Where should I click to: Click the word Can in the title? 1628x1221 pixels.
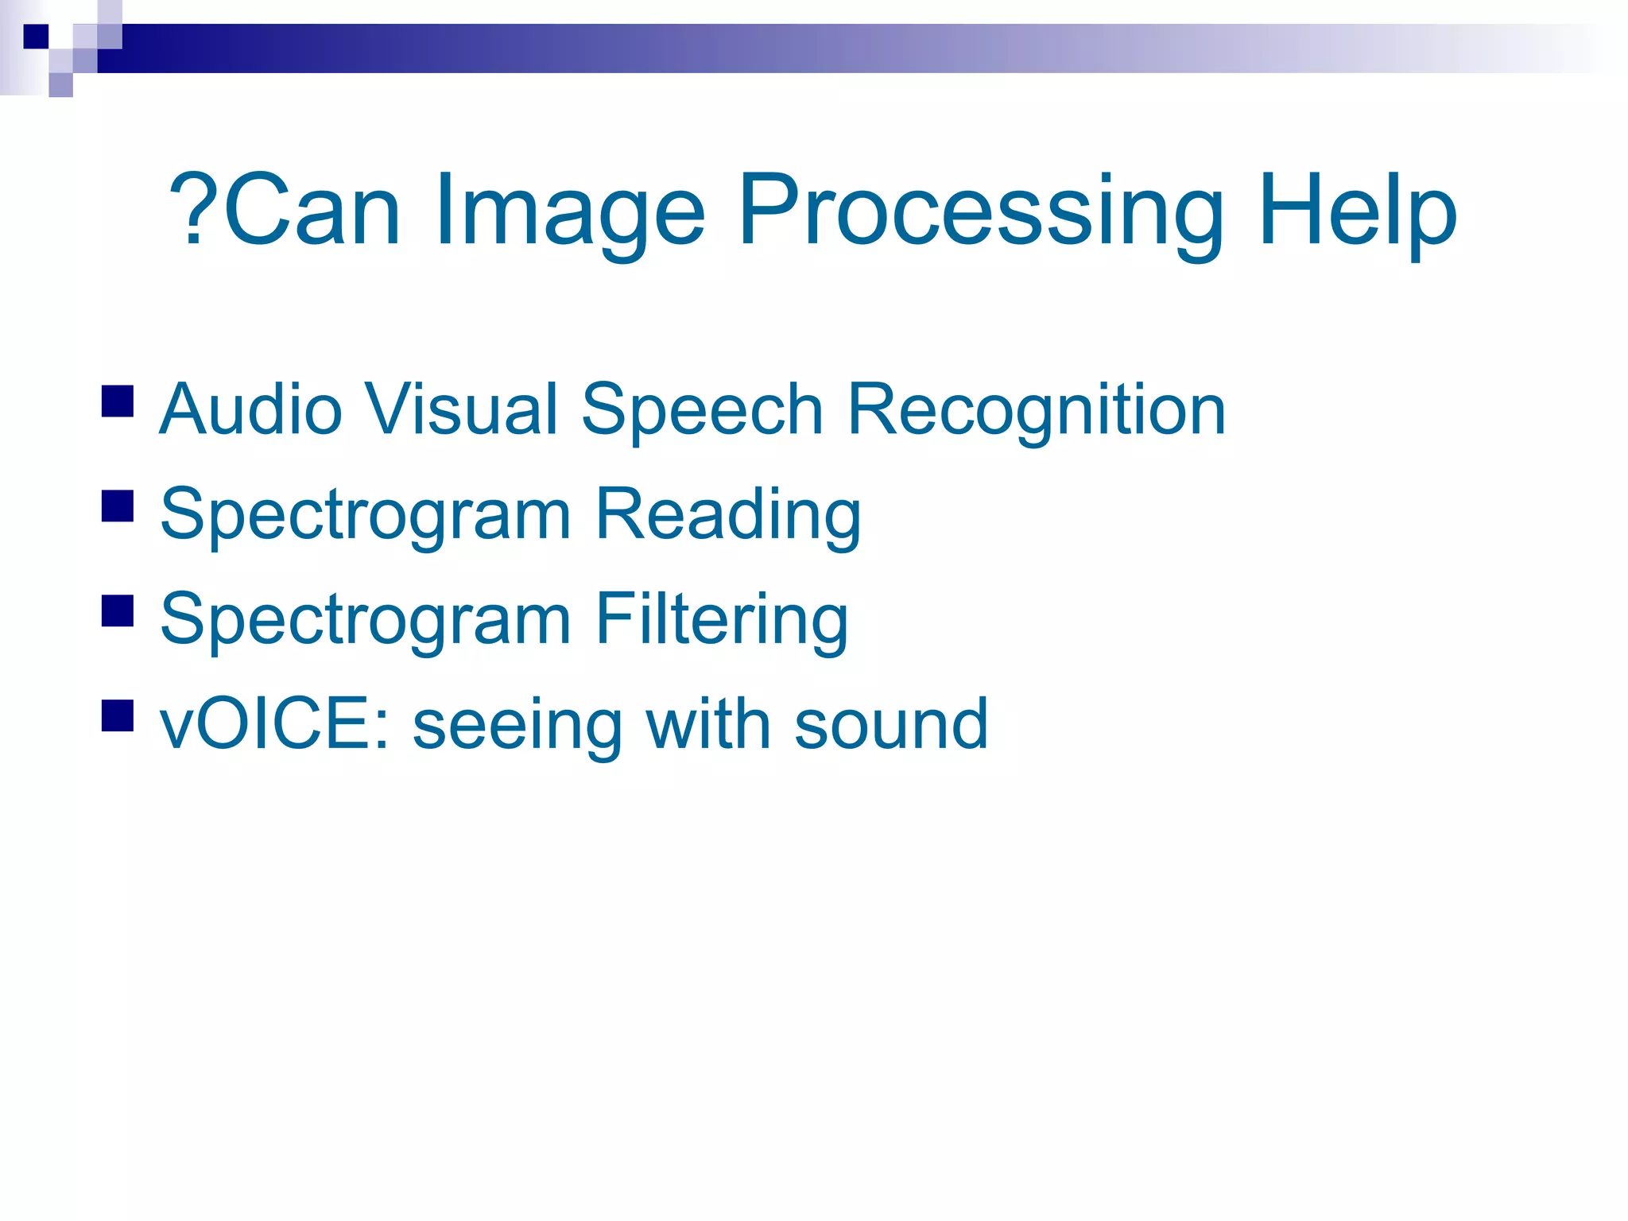pyautogui.click(x=312, y=209)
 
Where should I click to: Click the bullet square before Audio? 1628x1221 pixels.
pyautogui.click(x=118, y=401)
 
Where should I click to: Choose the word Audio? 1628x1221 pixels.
pyautogui.click(x=250, y=409)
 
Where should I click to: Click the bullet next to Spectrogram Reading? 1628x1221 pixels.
pyautogui.click(x=118, y=506)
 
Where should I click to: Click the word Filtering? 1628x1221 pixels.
pyautogui.click(x=721, y=621)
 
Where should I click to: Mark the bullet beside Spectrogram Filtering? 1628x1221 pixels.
pyautogui.click(x=118, y=610)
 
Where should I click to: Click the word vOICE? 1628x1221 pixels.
pyautogui.click(x=274, y=724)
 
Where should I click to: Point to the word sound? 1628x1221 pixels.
pyautogui.click(x=891, y=724)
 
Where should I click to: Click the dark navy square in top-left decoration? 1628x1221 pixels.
pyautogui.click(x=36, y=37)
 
